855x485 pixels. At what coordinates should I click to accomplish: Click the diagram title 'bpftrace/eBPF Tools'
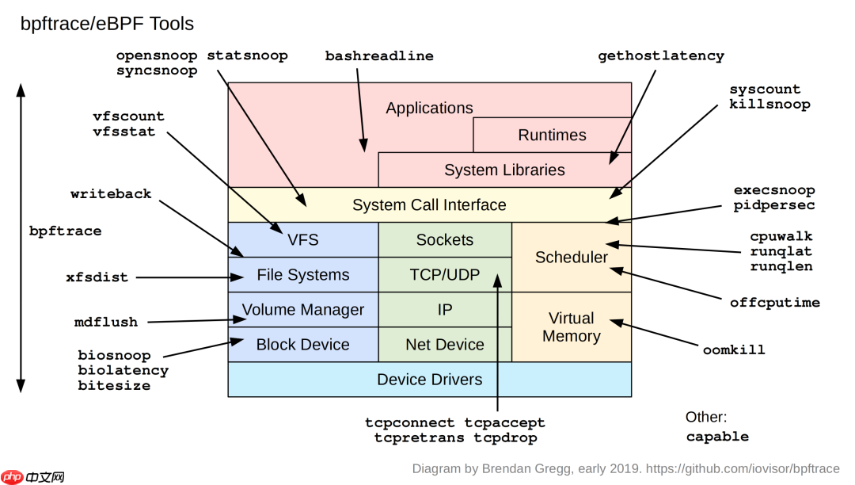pyautogui.click(x=107, y=24)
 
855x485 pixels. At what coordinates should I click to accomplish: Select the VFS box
pyautogui.click(x=303, y=239)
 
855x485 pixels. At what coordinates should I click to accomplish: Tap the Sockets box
pyautogui.click(x=445, y=239)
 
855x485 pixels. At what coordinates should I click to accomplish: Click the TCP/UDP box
pyautogui.click(x=445, y=274)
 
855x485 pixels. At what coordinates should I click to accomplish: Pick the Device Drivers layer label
pyautogui.click(x=429, y=379)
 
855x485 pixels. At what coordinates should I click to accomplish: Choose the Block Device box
pyautogui.click(x=303, y=344)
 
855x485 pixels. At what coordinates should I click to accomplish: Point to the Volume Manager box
pyautogui.click(x=303, y=309)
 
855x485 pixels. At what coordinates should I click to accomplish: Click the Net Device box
pyautogui.click(x=445, y=344)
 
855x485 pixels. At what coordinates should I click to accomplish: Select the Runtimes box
pyautogui.click(x=552, y=135)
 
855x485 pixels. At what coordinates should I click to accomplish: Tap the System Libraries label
pyautogui.click(x=504, y=170)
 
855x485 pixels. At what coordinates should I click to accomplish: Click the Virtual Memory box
pyautogui.click(x=572, y=327)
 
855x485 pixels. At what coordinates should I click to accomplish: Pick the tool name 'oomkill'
pyautogui.click(x=734, y=349)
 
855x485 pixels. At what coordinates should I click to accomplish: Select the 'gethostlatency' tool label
pyautogui.click(x=661, y=56)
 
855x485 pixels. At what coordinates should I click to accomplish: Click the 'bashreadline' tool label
pyautogui.click(x=379, y=56)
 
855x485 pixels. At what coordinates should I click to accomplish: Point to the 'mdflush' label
pyautogui.click(x=106, y=323)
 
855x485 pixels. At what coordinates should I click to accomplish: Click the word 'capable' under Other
pyautogui.click(x=717, y=436)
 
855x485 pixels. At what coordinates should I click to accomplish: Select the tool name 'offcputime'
pyautogui.click(x=774, y=303)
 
